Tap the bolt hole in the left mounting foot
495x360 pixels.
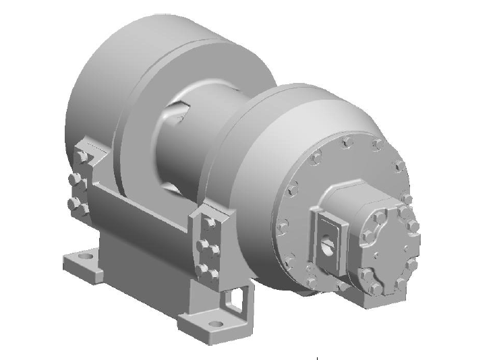click(84, 256)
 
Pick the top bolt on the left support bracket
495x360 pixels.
click(83, 156)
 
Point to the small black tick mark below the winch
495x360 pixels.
click(317, 354)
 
